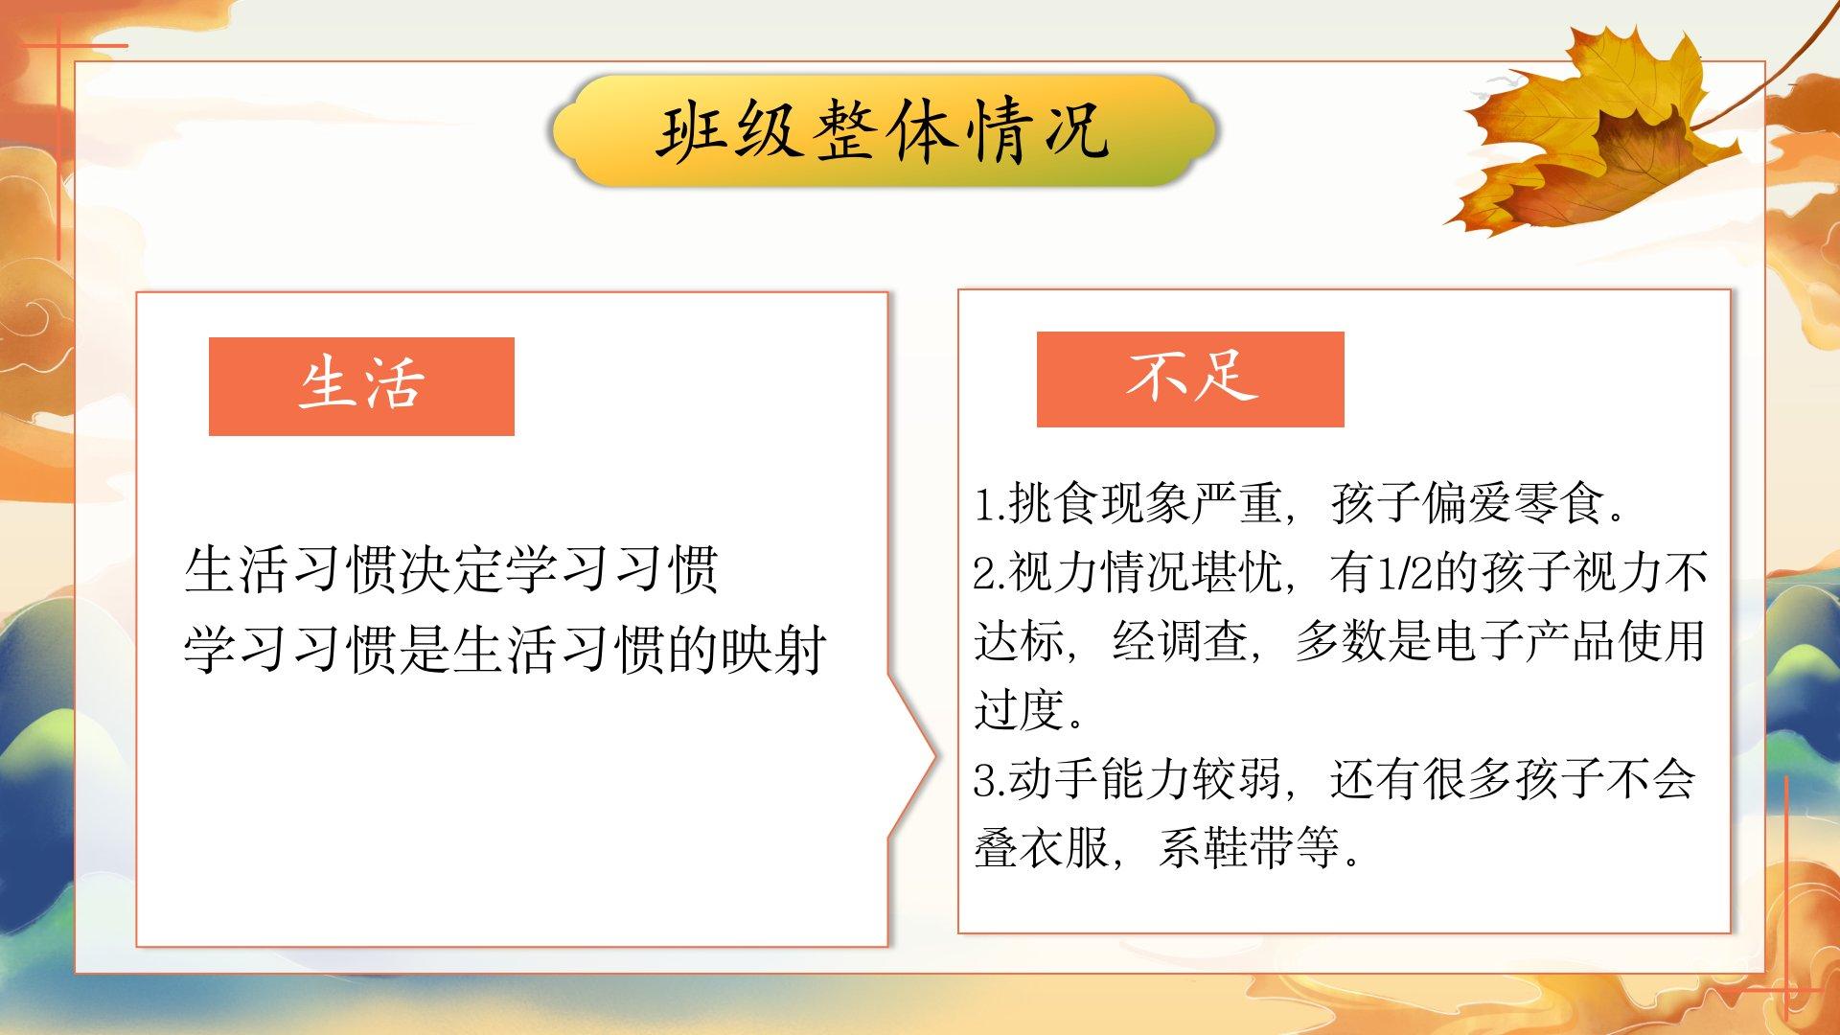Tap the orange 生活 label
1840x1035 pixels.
click(x=361, y=386)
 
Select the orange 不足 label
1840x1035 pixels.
click(x=1190, y=379)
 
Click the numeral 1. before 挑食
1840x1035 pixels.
click(x=990, y=504)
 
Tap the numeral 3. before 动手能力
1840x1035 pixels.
click(x=990, y=779)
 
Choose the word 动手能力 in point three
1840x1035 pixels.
click(x=1099, y=779)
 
